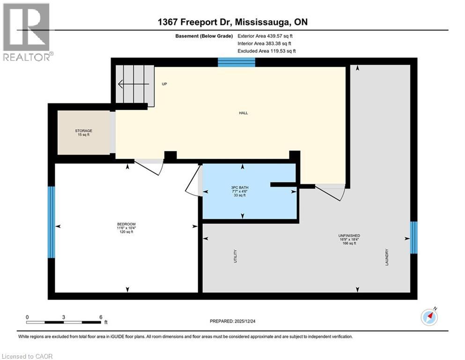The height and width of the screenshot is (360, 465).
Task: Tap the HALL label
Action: pos(243,113)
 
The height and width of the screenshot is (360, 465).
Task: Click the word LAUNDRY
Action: pos(387,257)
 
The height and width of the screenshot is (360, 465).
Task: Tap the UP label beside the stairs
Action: pos(164,84)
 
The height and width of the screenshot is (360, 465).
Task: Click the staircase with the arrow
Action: pos(135,84)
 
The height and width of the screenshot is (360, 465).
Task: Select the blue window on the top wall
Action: pos(236,62)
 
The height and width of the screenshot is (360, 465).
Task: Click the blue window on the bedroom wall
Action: pos(52,222)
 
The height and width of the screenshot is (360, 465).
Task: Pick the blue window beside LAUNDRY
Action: pos(413,237)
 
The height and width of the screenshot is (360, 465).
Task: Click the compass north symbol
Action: pos(429,317)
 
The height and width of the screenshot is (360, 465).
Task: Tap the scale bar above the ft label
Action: pos(64,322)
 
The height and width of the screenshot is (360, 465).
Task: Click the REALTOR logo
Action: pos(27,31)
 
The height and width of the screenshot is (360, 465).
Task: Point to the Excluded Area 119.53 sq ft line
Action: pos(266,51)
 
